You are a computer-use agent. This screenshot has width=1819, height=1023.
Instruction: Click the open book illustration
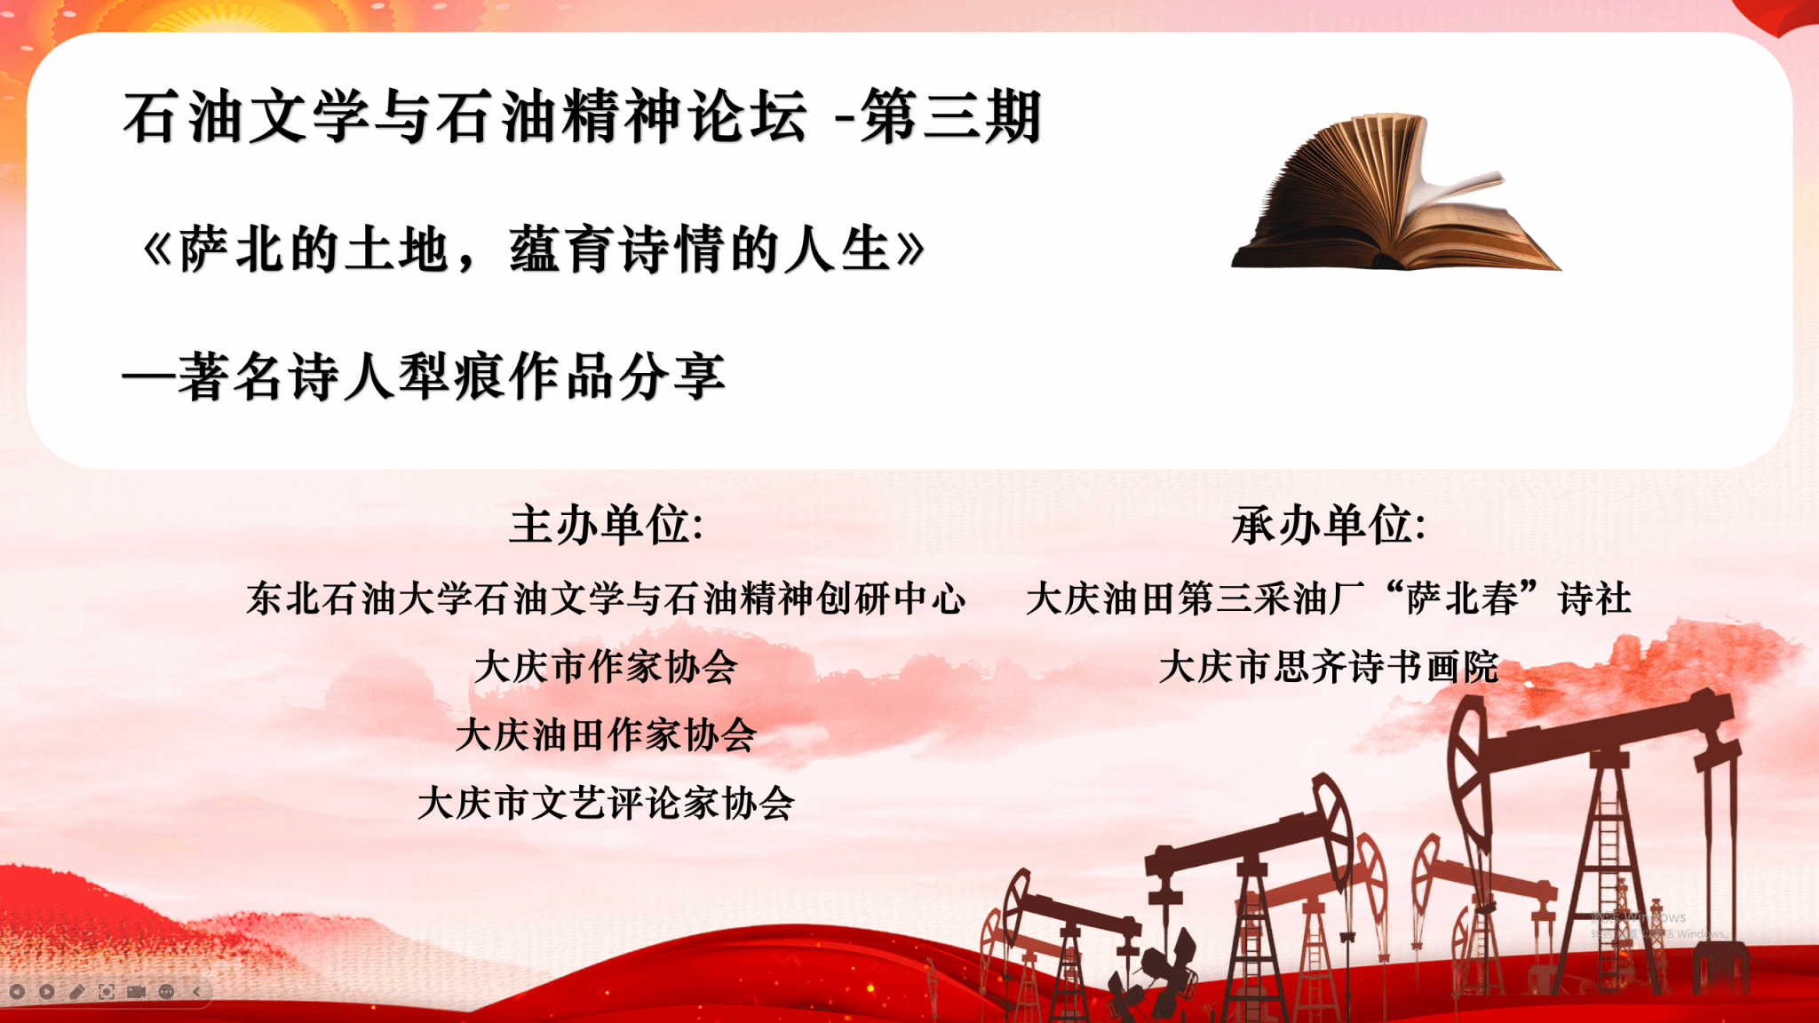1394,195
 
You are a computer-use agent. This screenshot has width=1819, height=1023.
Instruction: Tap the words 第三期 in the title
951,116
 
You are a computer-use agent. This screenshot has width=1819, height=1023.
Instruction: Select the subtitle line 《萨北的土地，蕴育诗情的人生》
534,249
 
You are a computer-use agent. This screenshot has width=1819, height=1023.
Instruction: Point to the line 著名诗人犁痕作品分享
451,377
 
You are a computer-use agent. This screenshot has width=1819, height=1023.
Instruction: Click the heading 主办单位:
607,524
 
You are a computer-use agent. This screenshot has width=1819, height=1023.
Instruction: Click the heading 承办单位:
1329,524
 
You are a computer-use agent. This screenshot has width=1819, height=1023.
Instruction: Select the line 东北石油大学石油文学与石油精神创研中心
607,598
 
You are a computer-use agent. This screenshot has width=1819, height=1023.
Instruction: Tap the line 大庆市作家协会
607,666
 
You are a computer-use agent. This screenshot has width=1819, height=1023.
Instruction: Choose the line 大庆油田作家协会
607,734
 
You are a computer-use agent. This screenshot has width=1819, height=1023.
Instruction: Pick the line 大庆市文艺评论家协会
607,803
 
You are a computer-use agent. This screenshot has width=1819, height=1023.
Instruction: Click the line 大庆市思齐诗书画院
1329,666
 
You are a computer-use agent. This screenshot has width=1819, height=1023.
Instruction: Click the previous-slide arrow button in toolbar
17,991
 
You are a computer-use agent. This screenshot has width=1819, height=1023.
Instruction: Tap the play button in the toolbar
47,991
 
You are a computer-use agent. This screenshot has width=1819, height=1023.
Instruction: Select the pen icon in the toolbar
76,991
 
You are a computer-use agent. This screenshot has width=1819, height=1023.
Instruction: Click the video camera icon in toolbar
136,991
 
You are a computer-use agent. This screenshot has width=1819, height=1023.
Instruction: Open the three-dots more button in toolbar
166,991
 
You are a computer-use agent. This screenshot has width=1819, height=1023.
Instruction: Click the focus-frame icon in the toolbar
107,991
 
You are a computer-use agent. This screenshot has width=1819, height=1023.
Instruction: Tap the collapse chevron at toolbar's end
196,991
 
